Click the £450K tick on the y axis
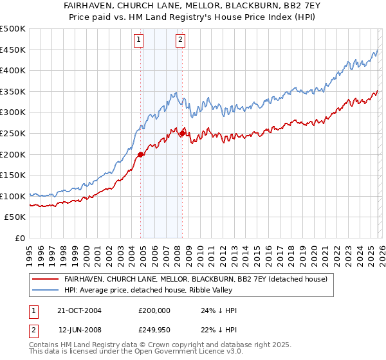pyautogui.click(x=13, y=50)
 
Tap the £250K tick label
pyautogui.click(x=13, y=133)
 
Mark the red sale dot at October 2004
pyautogui.click(x=140, y=154)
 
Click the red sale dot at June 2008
pyautogui.click(x=182, y=133)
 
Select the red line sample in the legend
pyautogui.click(x=46, y=279)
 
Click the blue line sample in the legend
pyautogui.click(x=46, y=291)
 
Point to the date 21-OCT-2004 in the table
pyautogui.click(x=80, y=310)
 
